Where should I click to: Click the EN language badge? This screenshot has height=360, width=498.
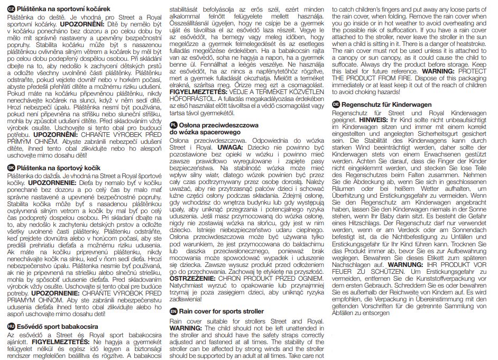(173, 312)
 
